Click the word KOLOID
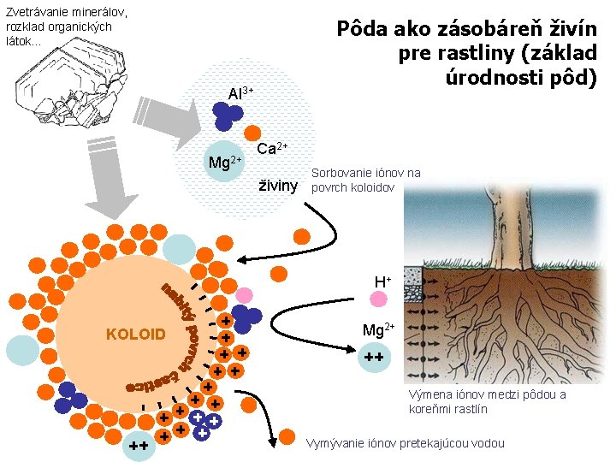pyautogui.click(x=135, y=333)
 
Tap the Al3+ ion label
pyautogui.click(x=240, y=92)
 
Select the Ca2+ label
pyautogui.click(x=273, y=148)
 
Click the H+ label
pyautogui.click(x=382, y=281)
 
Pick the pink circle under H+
pyautogui.click(x=378, y=299)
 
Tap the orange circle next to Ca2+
pyautogui.click(x=252, y=133)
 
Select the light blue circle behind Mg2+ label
pyautogui.click(x=224, y=160)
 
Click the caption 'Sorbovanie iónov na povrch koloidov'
pyautogui.click(x=366, y=180)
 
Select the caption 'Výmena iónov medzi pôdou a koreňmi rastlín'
pyautogui.click(x=487, y=401)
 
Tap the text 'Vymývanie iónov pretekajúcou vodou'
pyautogui.click(x=406, y=442)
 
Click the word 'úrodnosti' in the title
pyautogui.click(x=489, y=78)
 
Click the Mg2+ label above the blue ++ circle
pyautogui.click(x=378, y=330)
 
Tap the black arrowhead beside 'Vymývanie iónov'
pyautogui.click(x=271, y=441)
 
